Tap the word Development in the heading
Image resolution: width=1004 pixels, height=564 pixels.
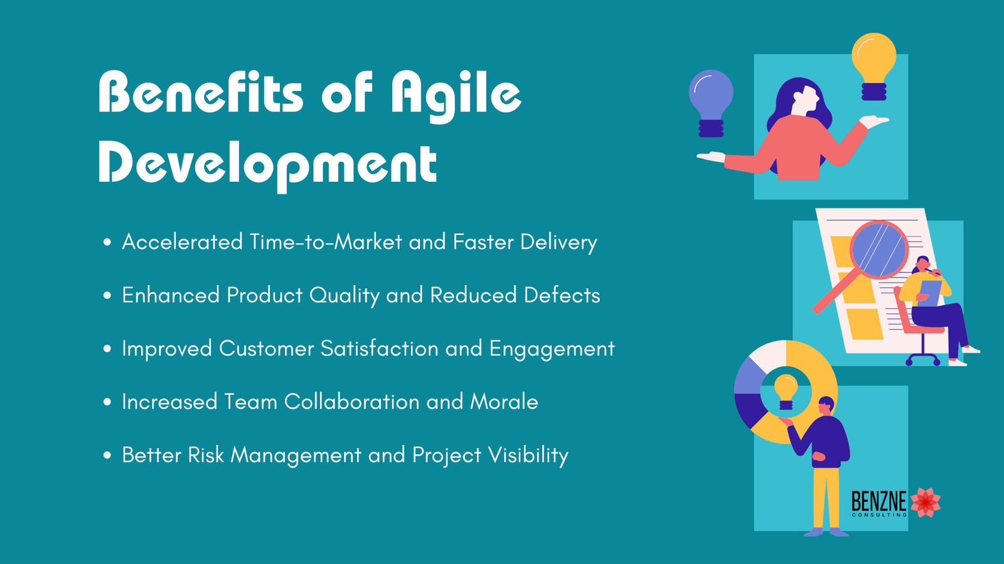coord(267,165)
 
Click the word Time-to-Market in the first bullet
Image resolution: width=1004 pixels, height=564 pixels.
coord(326,242)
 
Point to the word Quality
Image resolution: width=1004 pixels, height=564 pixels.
coord(344,296)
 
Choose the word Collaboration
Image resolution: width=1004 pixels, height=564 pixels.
coord(351,402)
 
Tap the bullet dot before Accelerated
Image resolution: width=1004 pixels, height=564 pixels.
coord(107,243)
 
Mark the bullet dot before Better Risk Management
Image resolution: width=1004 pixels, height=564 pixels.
coord(107,455)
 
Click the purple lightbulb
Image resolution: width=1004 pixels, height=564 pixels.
coord(712,103)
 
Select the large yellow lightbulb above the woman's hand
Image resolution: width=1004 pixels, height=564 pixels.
coord(873,66)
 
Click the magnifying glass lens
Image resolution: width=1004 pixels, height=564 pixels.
coord(878,250)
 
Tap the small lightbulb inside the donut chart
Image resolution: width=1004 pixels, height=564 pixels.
coord(786,392)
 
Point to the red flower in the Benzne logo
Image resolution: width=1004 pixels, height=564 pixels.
coord(925,502)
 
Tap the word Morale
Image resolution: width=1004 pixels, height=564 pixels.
coord(504,402)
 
